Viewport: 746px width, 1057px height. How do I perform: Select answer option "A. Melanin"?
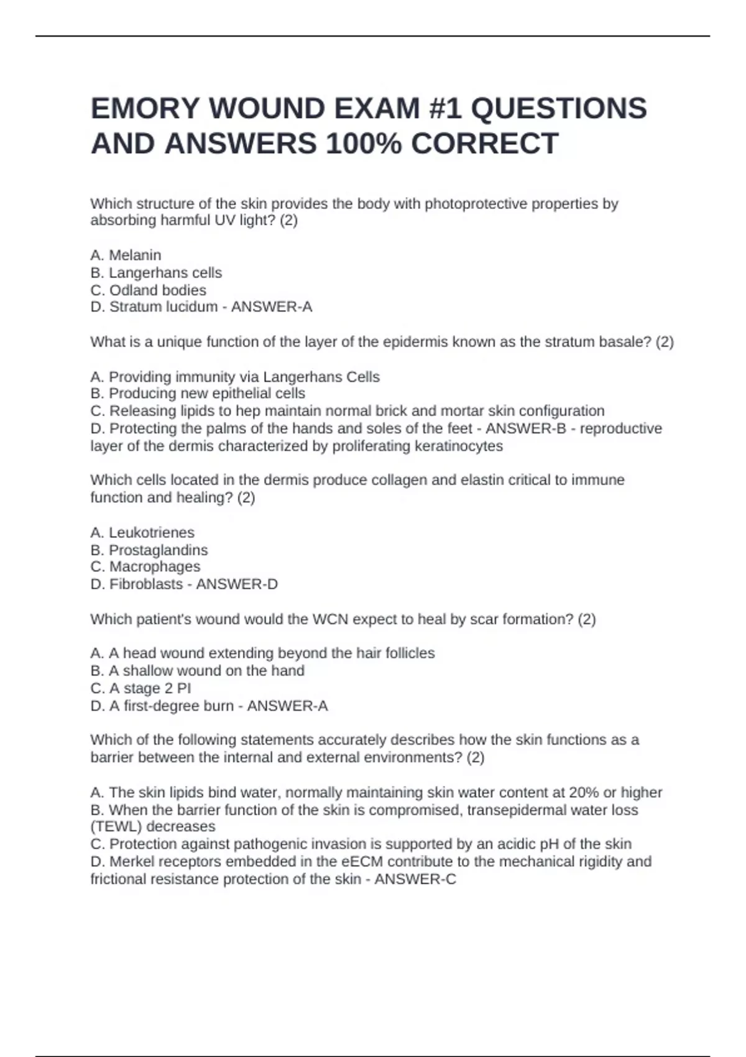point(126,256)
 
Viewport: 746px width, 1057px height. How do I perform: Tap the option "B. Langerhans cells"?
point(156,273)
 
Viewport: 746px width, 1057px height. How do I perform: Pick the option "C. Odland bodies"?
point(148,290)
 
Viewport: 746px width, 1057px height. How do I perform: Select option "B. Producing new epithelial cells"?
point(198,394)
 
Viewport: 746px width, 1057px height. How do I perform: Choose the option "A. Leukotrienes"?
point(142,533)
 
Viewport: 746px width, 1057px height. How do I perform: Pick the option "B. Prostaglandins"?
point(149,550)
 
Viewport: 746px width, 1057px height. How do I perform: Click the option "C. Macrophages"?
point(145,567)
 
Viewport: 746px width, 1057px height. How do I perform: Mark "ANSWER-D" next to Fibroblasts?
point(237,584)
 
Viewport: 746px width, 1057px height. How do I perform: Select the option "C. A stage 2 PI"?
point(140,688)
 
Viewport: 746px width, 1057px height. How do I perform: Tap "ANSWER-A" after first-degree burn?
point(287,706)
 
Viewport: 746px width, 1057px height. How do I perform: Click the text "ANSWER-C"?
point(415,880)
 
